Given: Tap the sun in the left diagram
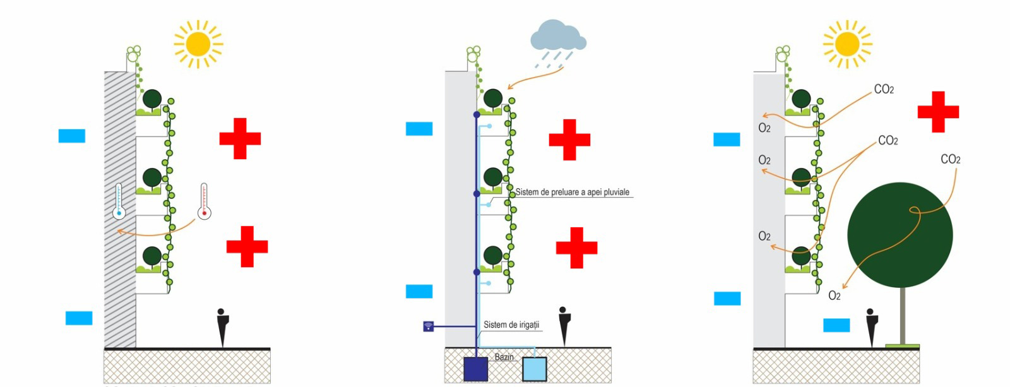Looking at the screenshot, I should pyautogui.click(x=198, y=44).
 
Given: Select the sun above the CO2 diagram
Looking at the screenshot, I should pyautogui.click(x=847, y=44).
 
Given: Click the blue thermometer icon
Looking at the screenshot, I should pyautogui.click(x=119, y=201).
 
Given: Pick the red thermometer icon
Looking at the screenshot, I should pyautogui.click(x=204, y=201).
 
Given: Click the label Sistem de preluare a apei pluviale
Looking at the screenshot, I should pyautogui.click(x=572, y=192).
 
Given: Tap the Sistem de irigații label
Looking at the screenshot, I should pyautogui.click(x=511, y=324).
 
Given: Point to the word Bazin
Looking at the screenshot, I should pyautogui.click(x=504, y=357).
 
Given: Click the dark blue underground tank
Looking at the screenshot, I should pyautogui.click(x=475, y=369).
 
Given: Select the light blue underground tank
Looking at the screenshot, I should pyautogui.click(x=534, y=369).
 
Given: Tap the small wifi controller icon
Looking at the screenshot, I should pyautogui.click(x=429, y=326).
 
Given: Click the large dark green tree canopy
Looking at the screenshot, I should pyautogui.click(x=900, y=235).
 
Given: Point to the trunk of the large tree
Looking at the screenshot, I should pyautogui.click(x=902, y=316).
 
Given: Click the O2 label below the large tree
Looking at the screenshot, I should pyautogui.click(x=834, y=295).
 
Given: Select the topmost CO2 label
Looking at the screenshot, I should pyautogui.click(x=884, y=90).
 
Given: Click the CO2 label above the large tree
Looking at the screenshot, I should pyautogui.click(x=950, y=159).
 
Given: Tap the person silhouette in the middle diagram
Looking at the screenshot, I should pyautogui.click(x=564, y=326).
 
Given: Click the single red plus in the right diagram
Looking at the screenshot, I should pyautogui.click(x=938, y=112).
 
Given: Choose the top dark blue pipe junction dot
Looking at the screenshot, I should pyautogui.click(x=477, y=115).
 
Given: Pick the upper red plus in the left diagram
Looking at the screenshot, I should pyautogui.click(x=240, y=138).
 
